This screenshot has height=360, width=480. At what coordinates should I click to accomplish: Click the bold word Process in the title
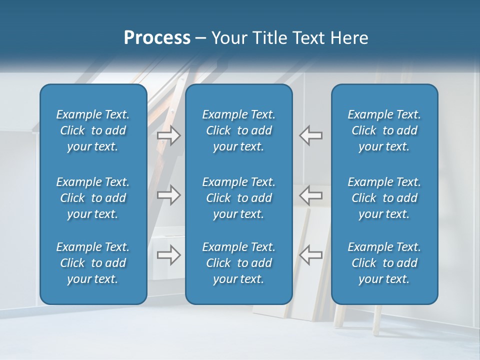pos(157,38)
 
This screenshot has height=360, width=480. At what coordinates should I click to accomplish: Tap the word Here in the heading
pos(349,38)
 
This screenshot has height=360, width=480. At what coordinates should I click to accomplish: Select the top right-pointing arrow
pos(169,135)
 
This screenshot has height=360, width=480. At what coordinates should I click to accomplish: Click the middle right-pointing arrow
pos(169,195)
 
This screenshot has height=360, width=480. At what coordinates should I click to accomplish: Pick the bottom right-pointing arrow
pos(169,255)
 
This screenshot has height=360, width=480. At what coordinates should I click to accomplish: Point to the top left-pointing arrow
pos(310,135)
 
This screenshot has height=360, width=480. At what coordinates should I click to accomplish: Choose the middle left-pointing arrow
pos(310,195)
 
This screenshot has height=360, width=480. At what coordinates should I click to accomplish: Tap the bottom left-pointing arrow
pos(310,255)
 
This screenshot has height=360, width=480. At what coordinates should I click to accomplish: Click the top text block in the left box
pos(93,130)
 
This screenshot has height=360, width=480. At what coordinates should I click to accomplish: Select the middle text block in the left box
pos(93,198)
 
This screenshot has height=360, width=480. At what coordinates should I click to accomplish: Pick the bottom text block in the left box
pos(93,263)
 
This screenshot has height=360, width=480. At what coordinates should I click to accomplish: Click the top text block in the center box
pos(238,130)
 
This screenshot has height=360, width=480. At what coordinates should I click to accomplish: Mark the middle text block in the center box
pos(238,198)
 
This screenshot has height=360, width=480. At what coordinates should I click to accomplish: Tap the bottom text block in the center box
pos(238,263)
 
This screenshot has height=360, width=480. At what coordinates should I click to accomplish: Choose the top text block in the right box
pos(384,130)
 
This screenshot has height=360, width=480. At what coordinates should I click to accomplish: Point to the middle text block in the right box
pos(384,198)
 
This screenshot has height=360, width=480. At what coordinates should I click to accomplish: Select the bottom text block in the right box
pos(384,263)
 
